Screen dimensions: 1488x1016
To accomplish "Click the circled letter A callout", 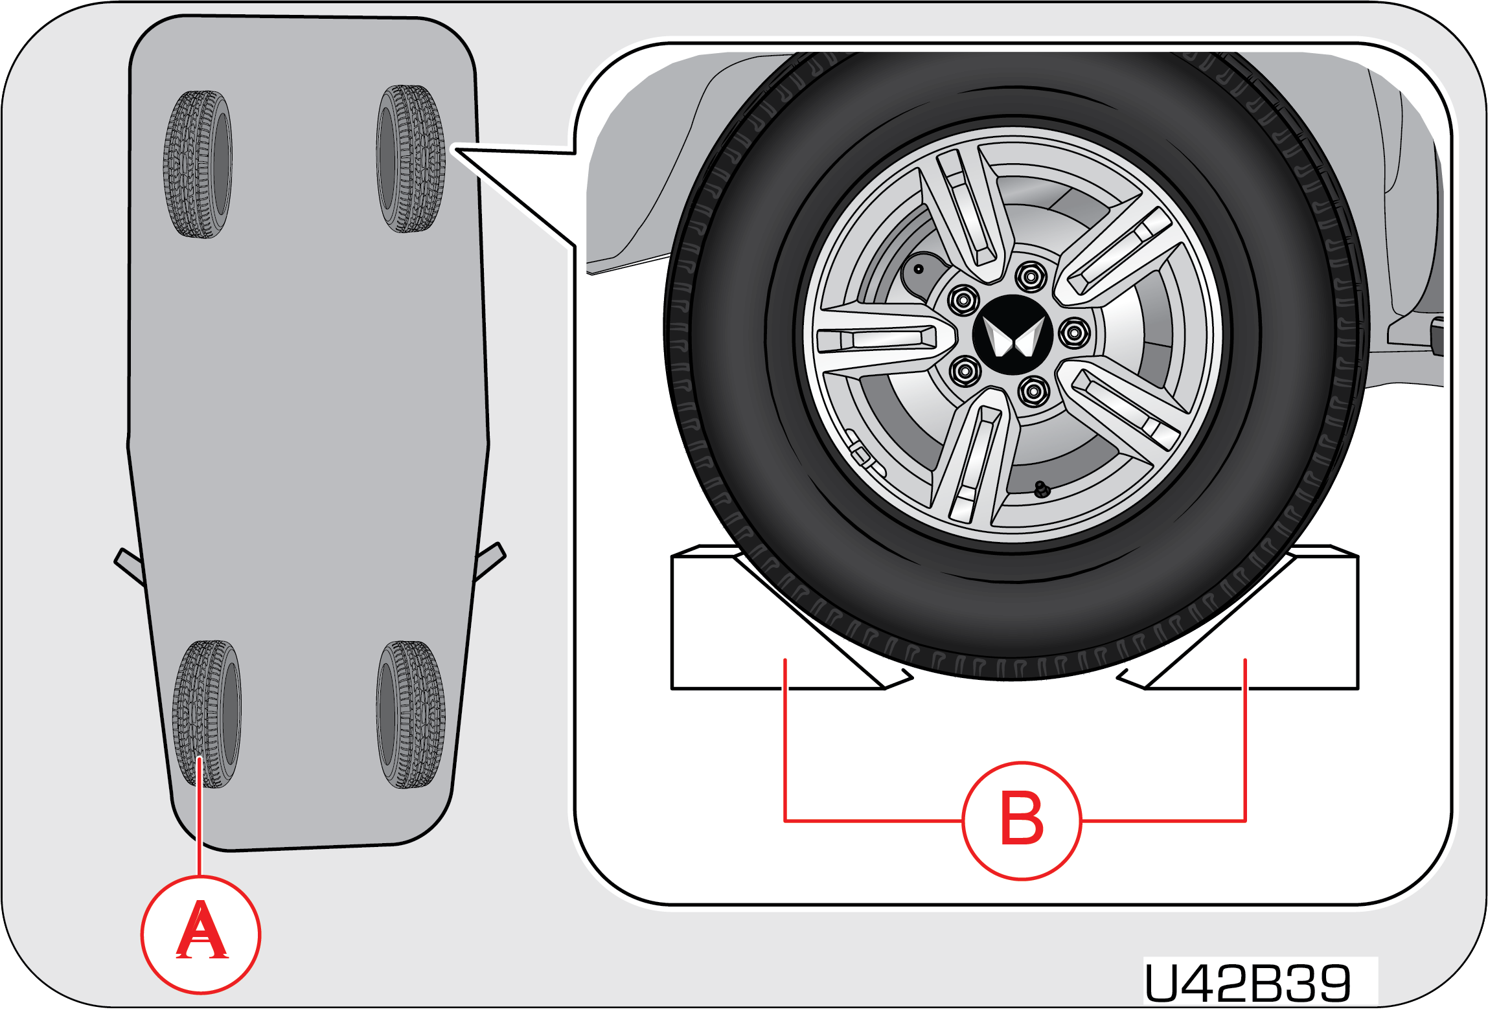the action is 201,934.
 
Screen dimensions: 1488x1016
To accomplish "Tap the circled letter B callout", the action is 1022,820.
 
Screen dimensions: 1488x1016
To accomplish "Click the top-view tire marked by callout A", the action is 207,714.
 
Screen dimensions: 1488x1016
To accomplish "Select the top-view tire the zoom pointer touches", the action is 411,159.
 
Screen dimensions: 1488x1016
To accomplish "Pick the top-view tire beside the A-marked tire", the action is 411,714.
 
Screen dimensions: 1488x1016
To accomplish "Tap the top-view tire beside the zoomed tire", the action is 198,164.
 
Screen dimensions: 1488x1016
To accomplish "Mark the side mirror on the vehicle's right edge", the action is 490,561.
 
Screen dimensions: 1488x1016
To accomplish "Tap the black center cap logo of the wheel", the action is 1013,335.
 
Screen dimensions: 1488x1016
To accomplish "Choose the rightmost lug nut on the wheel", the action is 1074,333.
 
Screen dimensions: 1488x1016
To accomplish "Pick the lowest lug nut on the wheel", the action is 1033,391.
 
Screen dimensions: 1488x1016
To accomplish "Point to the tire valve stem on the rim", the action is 1041,489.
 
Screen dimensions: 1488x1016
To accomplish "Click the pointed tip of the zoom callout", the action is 455,150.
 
